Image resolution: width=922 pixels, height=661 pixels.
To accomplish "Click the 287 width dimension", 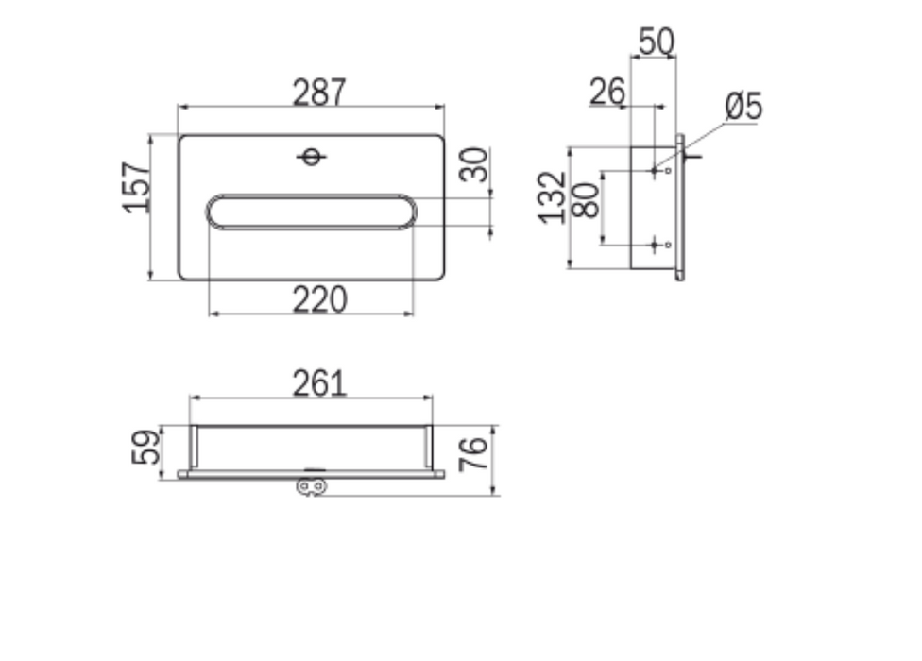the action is point(319,93).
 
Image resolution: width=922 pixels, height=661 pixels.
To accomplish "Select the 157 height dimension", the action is point(136,187).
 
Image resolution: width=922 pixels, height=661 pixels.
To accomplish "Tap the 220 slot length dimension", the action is point(320,299).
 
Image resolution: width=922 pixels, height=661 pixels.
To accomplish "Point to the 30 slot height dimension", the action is point(473,165).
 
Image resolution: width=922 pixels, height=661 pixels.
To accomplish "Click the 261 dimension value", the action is point(320,383).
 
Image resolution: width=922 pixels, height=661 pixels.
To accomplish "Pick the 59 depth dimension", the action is point(145,448).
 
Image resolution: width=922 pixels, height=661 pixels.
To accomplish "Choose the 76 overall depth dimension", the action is point(473,454).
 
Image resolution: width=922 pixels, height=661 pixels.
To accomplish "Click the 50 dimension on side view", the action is point(656,42).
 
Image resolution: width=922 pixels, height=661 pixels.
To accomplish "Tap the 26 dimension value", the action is point(606,93).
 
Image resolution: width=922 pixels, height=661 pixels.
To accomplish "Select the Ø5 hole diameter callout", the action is point(743,107).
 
